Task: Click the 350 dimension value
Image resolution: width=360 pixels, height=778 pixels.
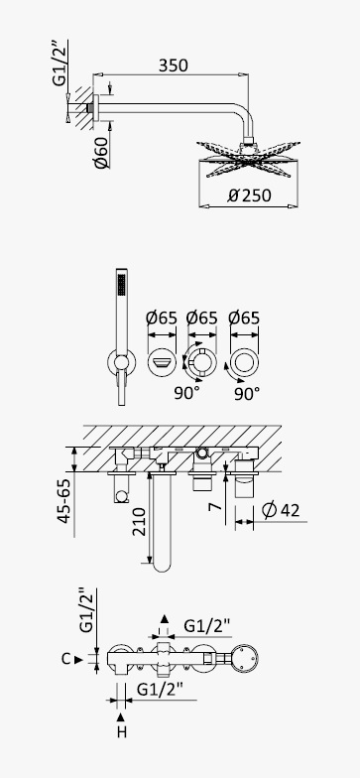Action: coord(173,65)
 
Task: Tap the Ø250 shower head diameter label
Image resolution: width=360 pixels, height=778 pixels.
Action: coord(250,194)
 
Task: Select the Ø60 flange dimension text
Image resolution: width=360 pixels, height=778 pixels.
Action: coord(101,153)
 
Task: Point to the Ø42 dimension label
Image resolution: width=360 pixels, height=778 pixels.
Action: coord(281,510)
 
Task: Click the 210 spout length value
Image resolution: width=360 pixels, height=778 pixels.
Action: coord(140,522)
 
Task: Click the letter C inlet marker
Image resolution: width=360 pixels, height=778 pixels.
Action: coord(65,659)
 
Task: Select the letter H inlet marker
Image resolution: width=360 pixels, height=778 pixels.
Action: coord(121,731)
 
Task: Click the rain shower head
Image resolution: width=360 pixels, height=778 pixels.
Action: coord(248,160)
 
